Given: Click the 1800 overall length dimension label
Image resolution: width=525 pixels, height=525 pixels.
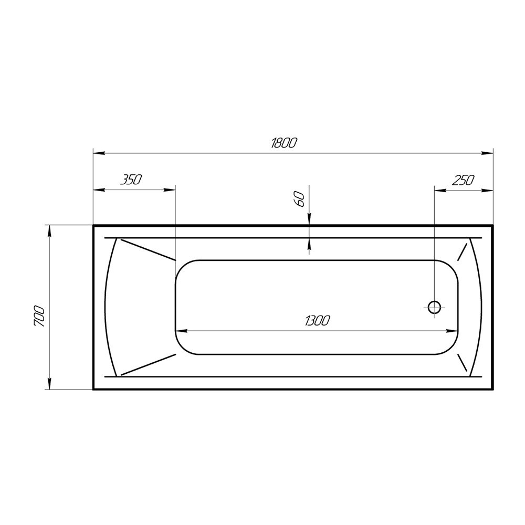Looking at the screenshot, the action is tap(284, 143).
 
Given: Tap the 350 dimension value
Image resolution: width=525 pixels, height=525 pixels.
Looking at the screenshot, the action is tap(131, 180).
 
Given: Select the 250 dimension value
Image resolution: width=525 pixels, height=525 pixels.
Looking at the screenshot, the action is tap(464, 180).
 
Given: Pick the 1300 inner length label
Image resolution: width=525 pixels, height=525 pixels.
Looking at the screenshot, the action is tap(317, 320).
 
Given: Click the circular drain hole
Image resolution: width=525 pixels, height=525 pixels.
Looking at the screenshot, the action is tap(434, 307).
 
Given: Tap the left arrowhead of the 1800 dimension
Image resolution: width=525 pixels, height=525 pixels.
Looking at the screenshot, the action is tap(99, 153).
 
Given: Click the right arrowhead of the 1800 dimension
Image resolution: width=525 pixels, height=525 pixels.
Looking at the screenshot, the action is tap(488, 153).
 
